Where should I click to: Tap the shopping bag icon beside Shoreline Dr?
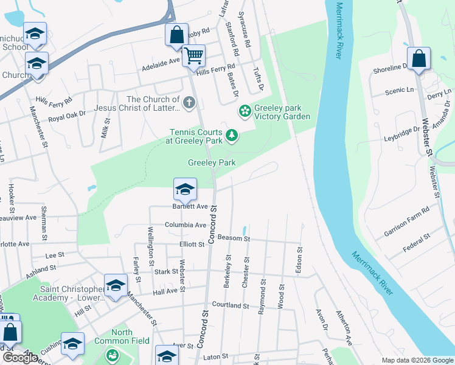coord(419,59)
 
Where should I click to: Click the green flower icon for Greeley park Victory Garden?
coord(245,111)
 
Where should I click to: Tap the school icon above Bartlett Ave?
coord(185,189)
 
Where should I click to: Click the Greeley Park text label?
coord(211,162)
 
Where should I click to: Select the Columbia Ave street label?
coord(186,224)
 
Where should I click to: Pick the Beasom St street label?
coord(234,238)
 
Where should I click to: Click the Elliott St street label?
coord(192,244)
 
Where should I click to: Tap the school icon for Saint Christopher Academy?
coord(116,285)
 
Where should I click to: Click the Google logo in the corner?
coord(20,358)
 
